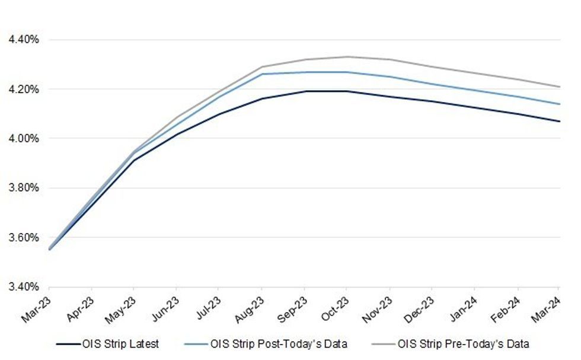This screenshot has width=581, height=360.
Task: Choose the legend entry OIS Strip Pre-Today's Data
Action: pos(463,343)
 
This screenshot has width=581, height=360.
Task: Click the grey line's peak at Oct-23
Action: pos(347,57)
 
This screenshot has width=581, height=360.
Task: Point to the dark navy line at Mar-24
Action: pos(560,121)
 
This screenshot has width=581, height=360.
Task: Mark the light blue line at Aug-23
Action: pos(261,74)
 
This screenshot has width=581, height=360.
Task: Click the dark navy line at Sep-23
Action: pos(304,91)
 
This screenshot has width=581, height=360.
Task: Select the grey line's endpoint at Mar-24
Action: pos(560,87)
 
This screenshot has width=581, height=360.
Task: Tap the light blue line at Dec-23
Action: pos(432,84)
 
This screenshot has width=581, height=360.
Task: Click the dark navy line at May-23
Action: pos(133,160)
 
